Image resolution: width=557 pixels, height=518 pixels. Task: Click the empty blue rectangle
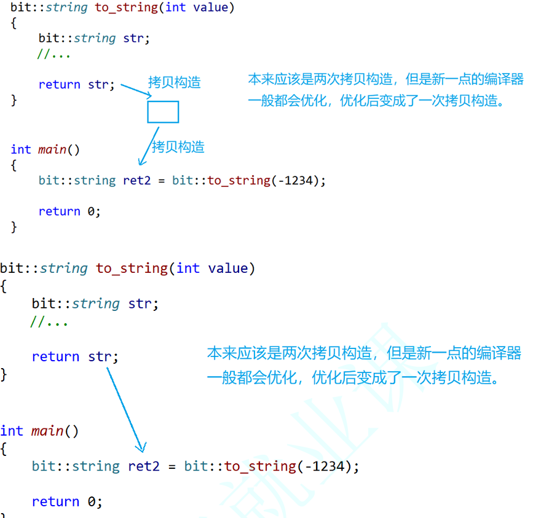pos(163,112)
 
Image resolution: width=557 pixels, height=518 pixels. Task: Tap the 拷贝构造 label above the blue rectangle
pos(174,82)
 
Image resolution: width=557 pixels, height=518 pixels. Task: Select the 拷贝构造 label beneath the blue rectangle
pos(178,147)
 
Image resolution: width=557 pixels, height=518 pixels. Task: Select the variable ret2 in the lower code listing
pos(144,466)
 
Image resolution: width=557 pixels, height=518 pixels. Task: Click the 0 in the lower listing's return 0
pos(91,501)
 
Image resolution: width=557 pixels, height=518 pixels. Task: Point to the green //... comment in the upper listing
pos(54,54)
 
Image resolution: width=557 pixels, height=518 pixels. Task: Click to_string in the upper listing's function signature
pos(126,8)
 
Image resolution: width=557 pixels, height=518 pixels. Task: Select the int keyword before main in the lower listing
pos(12,431)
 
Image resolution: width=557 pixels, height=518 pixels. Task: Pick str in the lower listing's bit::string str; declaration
pos(141,304)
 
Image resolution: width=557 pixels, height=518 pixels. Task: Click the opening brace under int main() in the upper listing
pos(14,165)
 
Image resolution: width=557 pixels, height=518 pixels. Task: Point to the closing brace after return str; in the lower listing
pos(4,373)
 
